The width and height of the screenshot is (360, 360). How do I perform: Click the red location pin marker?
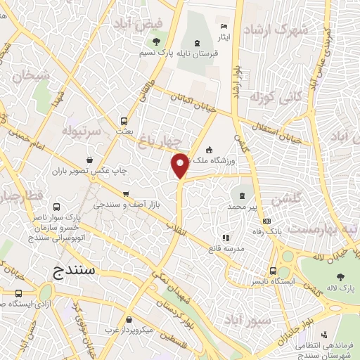click(x=181, y=165)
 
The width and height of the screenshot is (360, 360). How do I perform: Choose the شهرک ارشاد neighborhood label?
click(x=276, y=31)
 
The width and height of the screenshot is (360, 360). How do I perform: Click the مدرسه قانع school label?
click(x=226, y=247)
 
